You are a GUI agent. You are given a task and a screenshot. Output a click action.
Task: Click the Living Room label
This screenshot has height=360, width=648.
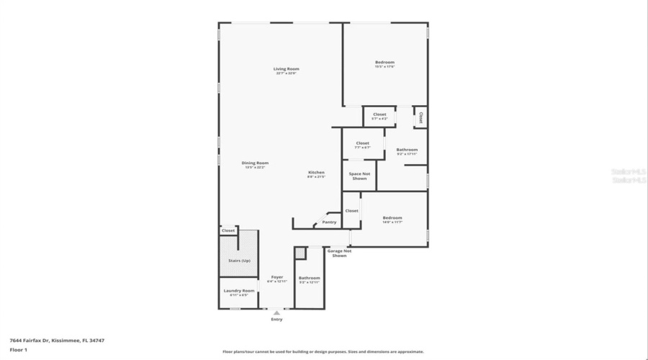coord(286,69)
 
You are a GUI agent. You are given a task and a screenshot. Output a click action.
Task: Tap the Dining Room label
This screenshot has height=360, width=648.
coord(255,163)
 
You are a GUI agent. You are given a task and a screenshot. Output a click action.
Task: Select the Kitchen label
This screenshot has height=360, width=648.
coord(316,172)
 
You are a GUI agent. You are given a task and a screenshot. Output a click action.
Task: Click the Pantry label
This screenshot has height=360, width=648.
coord(329,222)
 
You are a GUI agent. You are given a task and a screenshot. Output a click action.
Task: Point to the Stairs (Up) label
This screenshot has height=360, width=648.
coord(229,260)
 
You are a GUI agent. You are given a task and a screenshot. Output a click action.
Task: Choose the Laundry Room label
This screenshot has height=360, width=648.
coord(238,291)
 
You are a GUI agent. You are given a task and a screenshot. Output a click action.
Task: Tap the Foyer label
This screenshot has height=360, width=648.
coord(276,277)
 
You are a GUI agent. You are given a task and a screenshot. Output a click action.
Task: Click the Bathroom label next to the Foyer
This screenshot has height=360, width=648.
coord(309,278)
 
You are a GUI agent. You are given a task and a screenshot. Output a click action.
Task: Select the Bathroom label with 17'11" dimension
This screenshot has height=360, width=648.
coord(407,150)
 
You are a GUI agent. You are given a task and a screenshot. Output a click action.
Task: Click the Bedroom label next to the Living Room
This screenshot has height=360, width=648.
coord(384,63)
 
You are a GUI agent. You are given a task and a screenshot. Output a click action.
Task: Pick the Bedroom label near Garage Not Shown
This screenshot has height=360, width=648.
coord(392,217)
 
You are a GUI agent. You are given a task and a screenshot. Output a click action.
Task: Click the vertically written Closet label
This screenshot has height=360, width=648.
coord(421,117)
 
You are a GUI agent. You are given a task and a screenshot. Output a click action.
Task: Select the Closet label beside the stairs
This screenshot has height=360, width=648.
coord(228,230)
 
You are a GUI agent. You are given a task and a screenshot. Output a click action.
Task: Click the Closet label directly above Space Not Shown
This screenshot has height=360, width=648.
coord(363,143)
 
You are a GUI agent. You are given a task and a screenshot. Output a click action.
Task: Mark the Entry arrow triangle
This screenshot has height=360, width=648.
coord(276,312)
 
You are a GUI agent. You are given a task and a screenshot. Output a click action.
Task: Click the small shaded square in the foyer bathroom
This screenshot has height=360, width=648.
coord(300,253)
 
